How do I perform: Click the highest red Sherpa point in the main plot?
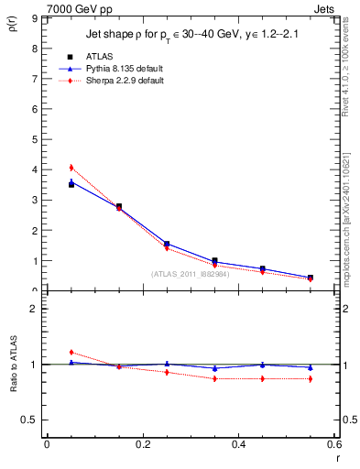pos(71,168)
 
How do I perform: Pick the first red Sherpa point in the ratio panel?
pos(71,352)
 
